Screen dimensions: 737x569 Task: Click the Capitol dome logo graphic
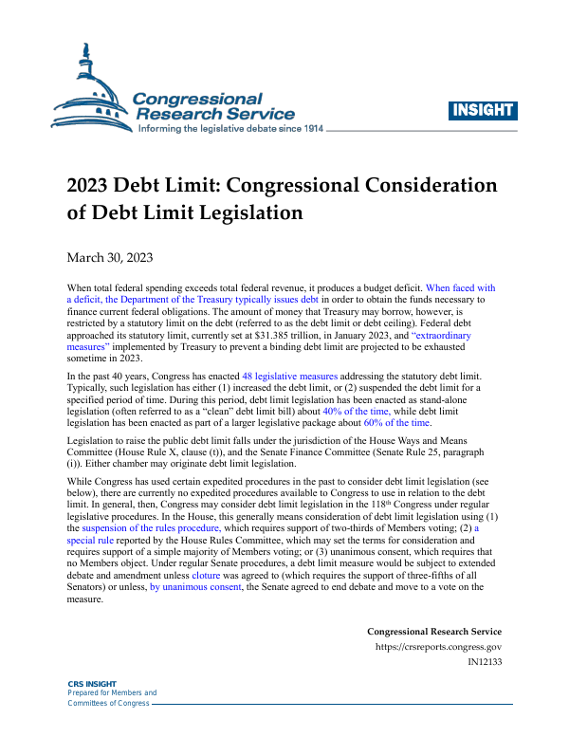pyautogui.click(x=90, y=90)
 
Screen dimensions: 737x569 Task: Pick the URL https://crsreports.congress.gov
pyautogui.click(x=440, y=648)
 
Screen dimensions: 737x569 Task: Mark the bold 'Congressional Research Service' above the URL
pyautogui.click(x=434, y=632)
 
